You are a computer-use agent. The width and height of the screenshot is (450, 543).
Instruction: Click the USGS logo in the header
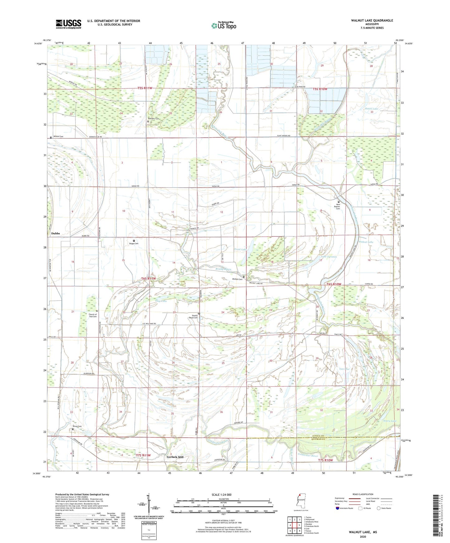69,24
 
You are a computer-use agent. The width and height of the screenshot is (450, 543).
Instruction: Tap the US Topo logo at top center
224,26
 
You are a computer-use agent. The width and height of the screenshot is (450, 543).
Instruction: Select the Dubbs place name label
55,233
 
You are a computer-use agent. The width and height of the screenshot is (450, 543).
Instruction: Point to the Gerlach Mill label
175,457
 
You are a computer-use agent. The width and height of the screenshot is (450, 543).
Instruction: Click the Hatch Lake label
371,109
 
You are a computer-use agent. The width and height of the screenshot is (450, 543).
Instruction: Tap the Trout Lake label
240,249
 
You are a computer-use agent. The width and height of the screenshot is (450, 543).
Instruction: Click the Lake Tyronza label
329,257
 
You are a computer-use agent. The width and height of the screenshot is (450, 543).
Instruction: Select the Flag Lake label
161,301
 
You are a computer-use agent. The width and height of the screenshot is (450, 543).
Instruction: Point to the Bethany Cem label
154,118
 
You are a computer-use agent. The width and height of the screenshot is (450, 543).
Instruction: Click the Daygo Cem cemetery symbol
134,241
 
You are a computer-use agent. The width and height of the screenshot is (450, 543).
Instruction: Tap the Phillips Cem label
237,279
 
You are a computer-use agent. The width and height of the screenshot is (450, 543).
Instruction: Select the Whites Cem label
58,137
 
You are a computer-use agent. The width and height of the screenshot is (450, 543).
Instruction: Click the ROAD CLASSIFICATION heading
363,494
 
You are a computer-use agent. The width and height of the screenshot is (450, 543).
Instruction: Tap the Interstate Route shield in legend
338,508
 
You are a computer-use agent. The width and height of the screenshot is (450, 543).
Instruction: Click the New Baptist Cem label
338,207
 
